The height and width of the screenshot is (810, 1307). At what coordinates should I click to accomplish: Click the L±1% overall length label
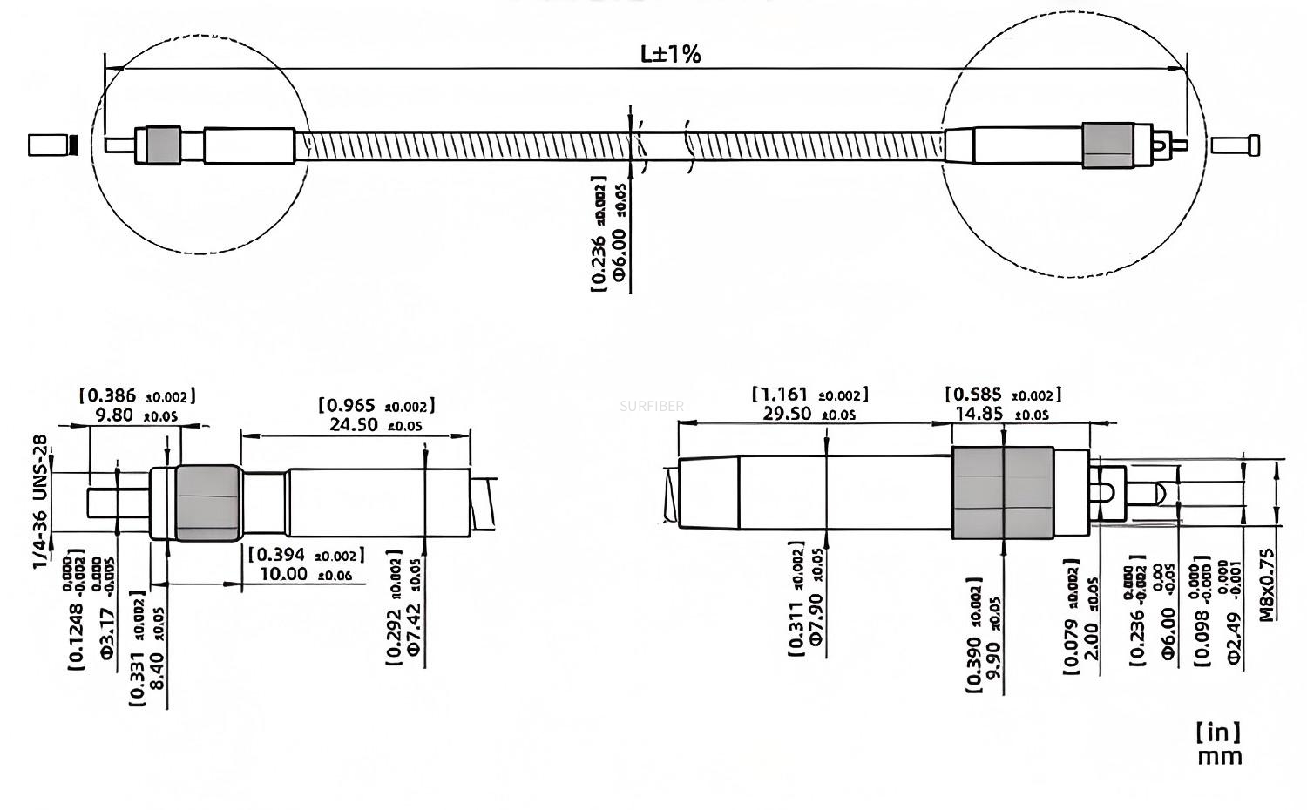pos(670,55)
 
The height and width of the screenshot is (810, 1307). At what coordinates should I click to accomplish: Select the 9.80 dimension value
pos(114,415)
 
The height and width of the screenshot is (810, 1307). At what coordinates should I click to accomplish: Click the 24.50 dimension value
pos(353,424)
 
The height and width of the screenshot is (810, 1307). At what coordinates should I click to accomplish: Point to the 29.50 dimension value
pos(787,413)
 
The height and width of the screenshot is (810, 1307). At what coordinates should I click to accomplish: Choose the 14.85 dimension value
pos(979,414)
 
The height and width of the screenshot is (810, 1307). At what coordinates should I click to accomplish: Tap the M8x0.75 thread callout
pos(1267,584)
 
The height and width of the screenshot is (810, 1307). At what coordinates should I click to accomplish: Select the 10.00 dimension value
pos(283,574)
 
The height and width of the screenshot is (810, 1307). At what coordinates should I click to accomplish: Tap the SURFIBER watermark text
pos(652,406)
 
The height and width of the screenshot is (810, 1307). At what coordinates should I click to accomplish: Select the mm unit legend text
pos(1219,757)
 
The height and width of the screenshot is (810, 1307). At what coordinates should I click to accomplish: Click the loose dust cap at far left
pos(51,145)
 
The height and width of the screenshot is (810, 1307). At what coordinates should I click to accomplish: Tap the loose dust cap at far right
pos(1235,145)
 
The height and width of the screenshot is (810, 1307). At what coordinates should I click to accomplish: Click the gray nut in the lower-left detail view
pos(207,503)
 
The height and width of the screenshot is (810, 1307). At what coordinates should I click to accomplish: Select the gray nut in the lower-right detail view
pos(1002,492)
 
